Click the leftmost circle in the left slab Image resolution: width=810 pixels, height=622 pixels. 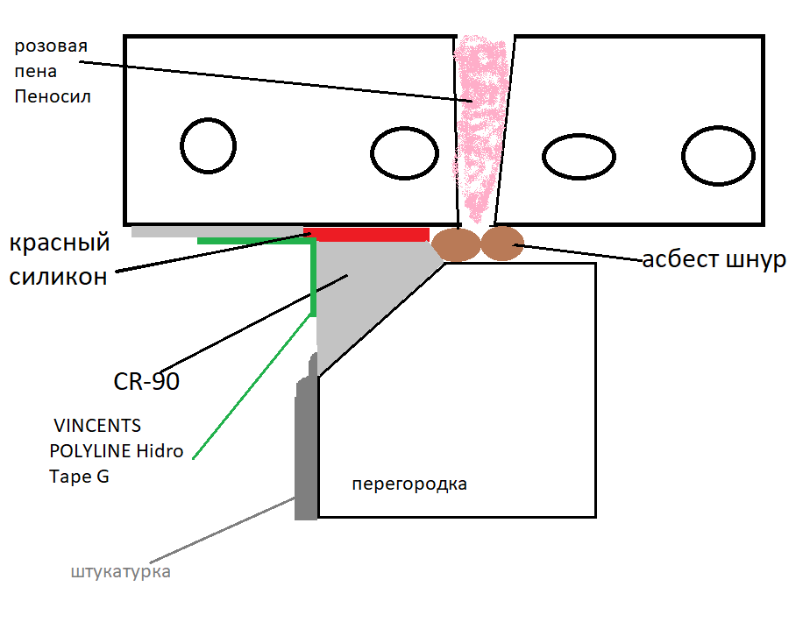click(x=209, y=145)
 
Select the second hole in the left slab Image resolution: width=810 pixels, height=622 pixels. click(x=404, y=153)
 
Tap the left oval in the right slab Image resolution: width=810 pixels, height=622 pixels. click(x=576, y=158)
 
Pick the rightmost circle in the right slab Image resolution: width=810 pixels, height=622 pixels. click(x=718, y=158)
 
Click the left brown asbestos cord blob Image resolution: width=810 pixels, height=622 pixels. click(x=456, y=244)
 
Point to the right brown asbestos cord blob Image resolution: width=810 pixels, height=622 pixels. click(x=502, y=243)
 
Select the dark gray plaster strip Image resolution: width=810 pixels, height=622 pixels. click(x=306, y=447)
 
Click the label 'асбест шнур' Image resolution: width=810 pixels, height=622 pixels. click(x=714, y=259)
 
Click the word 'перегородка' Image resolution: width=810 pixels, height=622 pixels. click(x=409, y=484)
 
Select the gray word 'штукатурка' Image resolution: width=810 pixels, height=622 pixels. click(x=121, y=573)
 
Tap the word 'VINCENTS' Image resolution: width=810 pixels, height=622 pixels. click(x=96, y=427)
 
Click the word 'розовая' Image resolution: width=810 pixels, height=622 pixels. click(x=51, y=46)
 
